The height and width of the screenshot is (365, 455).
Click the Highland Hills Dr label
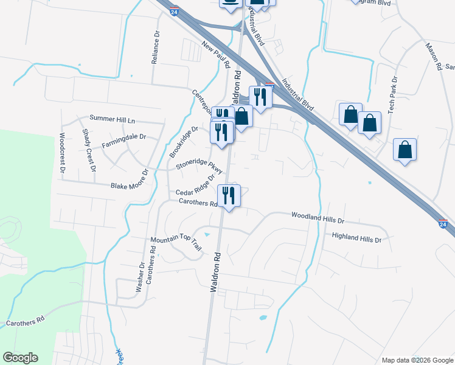356,238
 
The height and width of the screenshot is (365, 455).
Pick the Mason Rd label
433,56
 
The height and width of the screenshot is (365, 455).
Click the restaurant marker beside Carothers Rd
229,195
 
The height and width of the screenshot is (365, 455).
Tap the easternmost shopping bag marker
405,150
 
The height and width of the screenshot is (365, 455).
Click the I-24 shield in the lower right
443,224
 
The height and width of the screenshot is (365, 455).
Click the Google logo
21,358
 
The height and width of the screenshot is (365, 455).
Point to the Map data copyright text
417,360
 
